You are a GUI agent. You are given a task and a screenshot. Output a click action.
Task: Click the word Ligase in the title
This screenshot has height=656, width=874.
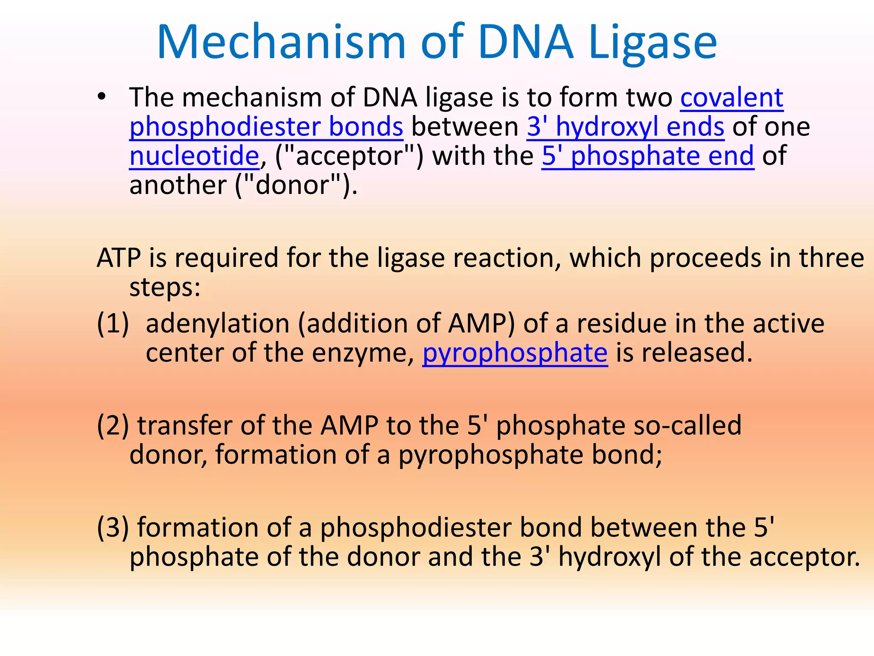[652, 43]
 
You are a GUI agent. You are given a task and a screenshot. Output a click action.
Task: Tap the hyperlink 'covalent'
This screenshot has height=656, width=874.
[731, 98]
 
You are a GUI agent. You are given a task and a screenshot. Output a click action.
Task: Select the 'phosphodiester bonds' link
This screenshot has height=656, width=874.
[266, 127]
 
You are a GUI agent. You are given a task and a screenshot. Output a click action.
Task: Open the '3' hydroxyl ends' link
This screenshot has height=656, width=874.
[625, 127]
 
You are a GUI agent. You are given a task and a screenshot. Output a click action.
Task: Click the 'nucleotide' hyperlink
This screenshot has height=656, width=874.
[194, 156]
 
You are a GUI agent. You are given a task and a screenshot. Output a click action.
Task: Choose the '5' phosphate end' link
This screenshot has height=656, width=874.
[648, 156]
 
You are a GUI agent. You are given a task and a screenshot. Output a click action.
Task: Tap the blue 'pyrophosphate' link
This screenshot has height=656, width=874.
[515, 353]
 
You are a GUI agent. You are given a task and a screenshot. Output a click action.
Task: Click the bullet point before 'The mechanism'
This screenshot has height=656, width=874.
[101, 97]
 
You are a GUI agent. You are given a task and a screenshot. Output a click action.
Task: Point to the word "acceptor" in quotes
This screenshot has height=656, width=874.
[350, 156]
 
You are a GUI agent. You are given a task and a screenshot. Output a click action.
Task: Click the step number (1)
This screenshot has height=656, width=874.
[113, 324]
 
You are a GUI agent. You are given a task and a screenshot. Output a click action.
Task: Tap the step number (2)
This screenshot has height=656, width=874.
[113, 426]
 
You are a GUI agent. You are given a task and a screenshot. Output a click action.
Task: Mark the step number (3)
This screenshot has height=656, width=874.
[113, 528]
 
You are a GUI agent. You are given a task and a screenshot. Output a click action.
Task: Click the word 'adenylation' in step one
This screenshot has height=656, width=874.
[218, 324]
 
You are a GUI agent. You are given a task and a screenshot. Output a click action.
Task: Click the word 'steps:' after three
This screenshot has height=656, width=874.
[165, 287]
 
